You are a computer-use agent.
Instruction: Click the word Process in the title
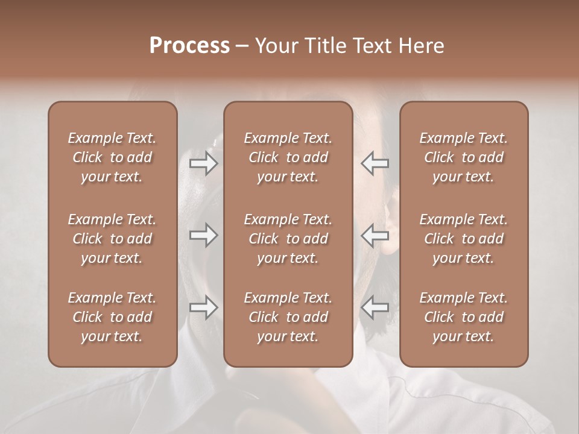click(x=189, y=46)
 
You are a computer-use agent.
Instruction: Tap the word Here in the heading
click(x=422, y=46)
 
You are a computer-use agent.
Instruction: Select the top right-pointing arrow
click(x=203, y=163)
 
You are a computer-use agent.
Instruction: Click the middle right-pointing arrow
click(x=203, y=235)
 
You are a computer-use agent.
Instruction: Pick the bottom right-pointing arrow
click(x=203, y=307)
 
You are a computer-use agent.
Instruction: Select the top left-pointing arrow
click(x=375, y=163)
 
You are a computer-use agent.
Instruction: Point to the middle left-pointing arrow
click(x=375, y=235)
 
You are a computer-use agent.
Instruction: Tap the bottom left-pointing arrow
click(x=375, y=307)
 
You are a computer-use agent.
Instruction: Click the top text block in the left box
click(x=112, y=157)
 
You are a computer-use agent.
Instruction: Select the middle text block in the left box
click(x=112, y=239)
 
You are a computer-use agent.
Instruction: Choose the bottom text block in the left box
click(x=112, y=317)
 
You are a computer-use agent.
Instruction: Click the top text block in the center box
click(x=288, y=157)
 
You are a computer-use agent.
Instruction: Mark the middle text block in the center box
click(x=288, y=239)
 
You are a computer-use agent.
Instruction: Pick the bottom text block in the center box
click(x=288, y=317)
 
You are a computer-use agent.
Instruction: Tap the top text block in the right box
click(x=463, y=157)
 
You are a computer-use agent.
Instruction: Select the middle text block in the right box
click(x=463, y=239)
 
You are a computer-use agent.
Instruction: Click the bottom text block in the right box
click(x=463, y=317)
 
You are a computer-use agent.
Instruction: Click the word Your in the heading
click(x=277, y=46)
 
